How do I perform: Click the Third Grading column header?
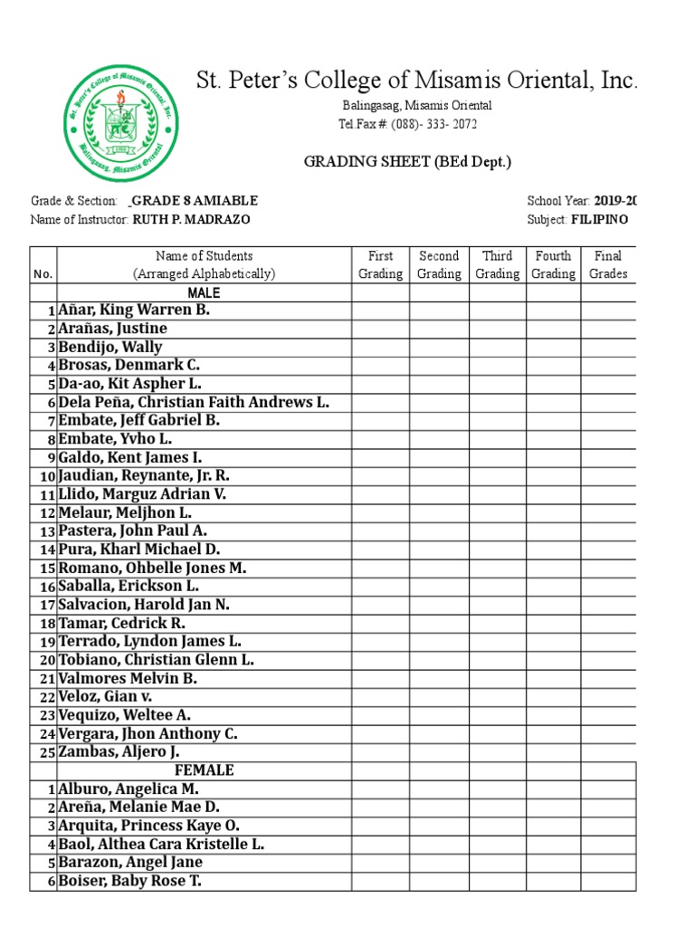tap(497, 264)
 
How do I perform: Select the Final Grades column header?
tap(608, 264)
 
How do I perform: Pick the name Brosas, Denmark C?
tap(129, 365)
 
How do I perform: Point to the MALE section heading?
tap(204, 292)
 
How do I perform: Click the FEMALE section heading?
tap(204, 769)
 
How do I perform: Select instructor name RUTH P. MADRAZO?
tap(191, 219)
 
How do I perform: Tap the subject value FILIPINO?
tap(599, 219)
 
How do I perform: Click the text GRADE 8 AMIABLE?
tap(195, 201)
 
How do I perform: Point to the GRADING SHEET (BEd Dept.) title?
tap(407, 162)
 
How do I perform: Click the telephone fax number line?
tap(407, 124)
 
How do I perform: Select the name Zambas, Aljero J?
tap(119, 751)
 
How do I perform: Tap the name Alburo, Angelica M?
tap(129, 788)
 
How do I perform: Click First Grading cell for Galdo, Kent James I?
tap(380, 457)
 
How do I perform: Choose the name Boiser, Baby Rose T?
tap(130, 881)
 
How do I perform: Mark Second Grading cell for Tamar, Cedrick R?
tap(439, 623)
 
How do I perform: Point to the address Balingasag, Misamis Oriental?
tap(416, 106)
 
